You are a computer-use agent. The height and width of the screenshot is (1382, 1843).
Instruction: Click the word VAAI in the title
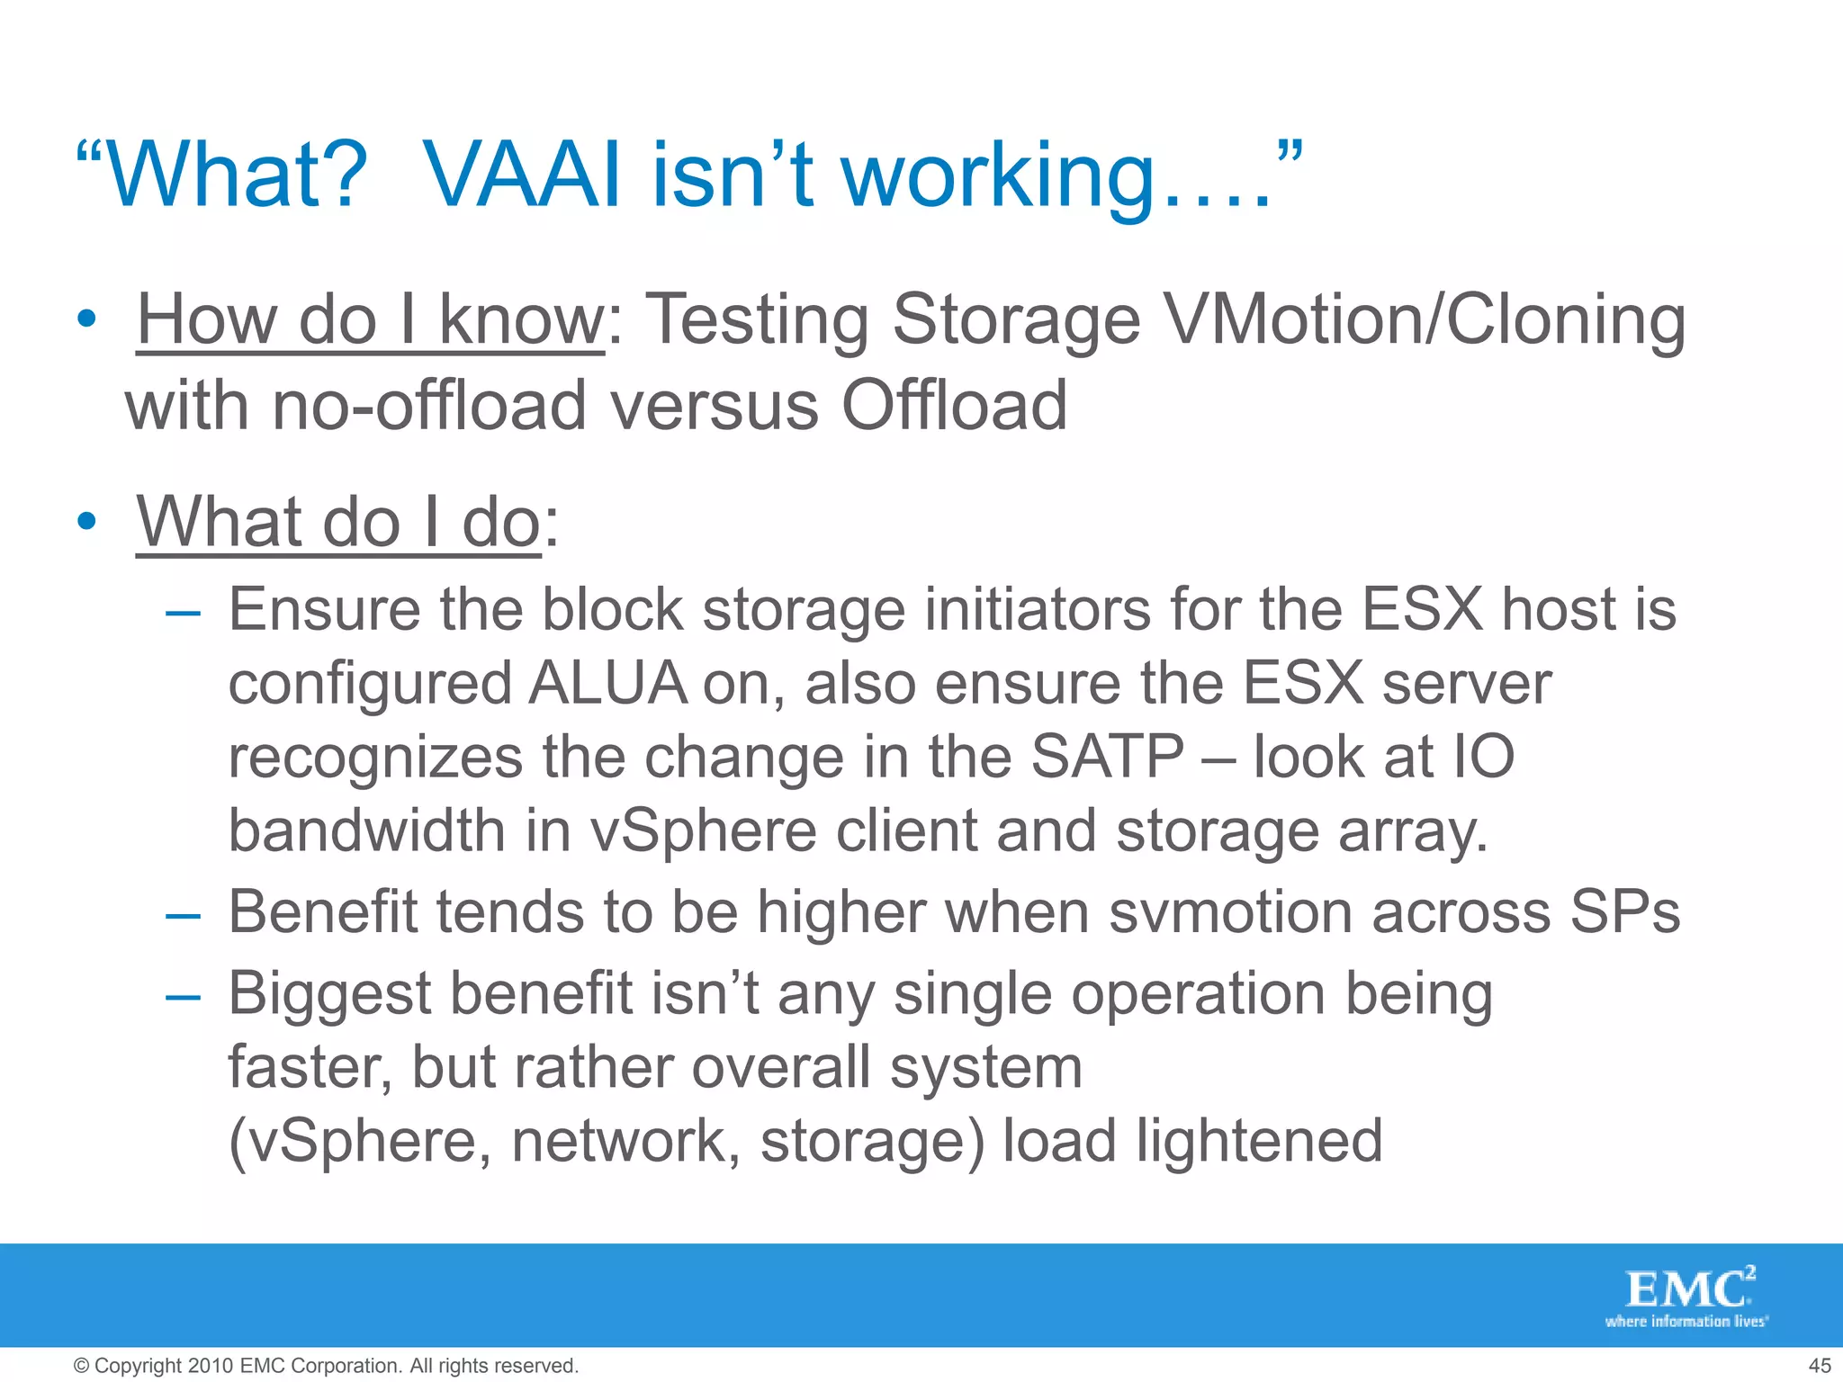(x=521, y=175)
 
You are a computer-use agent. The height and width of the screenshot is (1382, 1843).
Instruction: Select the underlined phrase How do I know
(x=370, y=319)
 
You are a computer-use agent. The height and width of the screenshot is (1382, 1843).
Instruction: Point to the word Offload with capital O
(x=953, y=405)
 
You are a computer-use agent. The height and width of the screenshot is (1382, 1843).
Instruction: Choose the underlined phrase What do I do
(x=338, y=522)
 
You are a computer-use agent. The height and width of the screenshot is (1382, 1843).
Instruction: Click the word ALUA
(x=607, y=683)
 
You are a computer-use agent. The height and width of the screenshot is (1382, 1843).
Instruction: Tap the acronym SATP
(x=1107, y=756)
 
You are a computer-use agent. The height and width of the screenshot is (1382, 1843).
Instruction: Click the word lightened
(x=1259, y=1141)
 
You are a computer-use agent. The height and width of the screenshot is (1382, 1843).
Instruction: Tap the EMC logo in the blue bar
(x=1686, y=1294)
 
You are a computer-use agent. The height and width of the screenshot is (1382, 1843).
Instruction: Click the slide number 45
(x=1819, y=1366)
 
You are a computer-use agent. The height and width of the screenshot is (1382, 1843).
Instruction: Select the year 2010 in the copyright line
(x=211, y=1366)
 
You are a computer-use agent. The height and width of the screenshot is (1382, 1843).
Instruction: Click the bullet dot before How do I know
(x=86, y=319)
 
